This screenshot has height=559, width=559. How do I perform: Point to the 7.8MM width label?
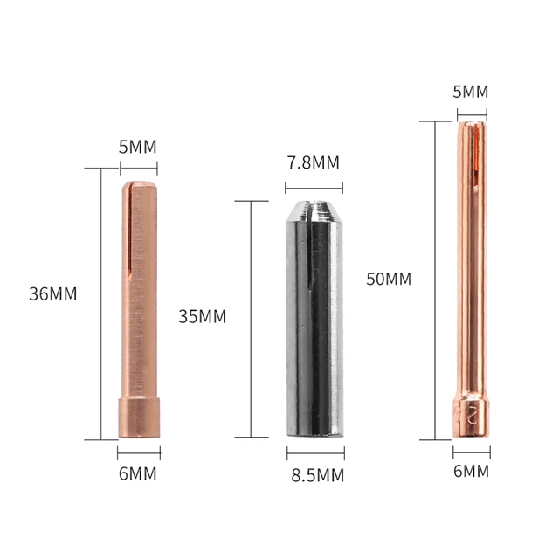pyautogui.click(x=313, y=162)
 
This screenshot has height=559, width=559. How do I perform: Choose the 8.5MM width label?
pyautogui.click(x=315, y=476)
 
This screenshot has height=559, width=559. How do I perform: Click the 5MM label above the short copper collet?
pyautogui.click(x=137, y=146)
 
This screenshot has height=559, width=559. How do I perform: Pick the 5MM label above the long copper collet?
pyautogui.click(x=471, y=92)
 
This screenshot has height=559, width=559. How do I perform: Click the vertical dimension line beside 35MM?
pyautogui.click(x=250, y=319)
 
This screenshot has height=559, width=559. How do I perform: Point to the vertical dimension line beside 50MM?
pyautogui.click(x=434, y=279)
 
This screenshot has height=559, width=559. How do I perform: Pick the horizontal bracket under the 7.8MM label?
pyautogui.click(x=314, y=185)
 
